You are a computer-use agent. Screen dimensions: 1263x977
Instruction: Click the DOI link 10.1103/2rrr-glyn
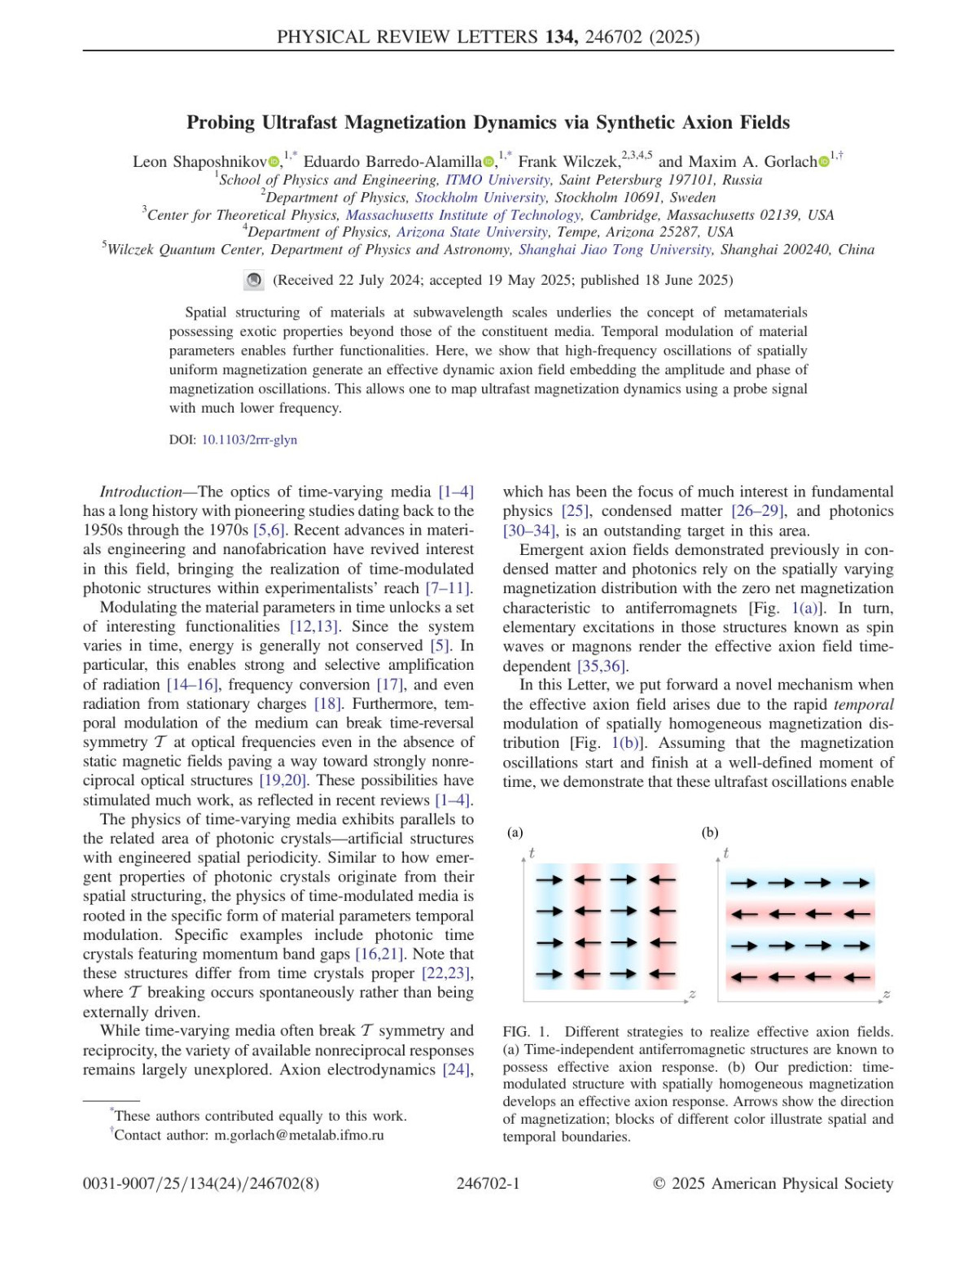249,439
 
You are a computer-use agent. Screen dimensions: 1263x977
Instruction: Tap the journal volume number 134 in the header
560,37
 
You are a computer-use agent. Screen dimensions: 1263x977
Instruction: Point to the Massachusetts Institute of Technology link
463,215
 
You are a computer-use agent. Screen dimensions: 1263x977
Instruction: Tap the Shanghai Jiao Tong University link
616,249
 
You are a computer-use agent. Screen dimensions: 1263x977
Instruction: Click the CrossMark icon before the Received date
254,280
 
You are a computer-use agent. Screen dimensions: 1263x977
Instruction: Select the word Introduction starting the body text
140,492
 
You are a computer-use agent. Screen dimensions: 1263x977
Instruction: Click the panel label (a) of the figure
515,832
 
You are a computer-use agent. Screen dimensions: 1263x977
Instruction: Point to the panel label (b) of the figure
710,832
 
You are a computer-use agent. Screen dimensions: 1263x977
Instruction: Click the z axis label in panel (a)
692,994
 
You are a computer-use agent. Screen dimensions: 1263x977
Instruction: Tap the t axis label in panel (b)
725,853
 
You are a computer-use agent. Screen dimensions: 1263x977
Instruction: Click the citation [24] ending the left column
458,1069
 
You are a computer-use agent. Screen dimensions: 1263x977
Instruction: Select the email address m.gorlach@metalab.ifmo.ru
299,1135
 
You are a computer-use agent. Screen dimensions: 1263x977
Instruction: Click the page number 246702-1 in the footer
488,1183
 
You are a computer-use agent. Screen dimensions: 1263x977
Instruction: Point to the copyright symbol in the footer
659,1184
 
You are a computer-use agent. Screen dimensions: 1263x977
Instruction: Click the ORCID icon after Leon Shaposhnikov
274,162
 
